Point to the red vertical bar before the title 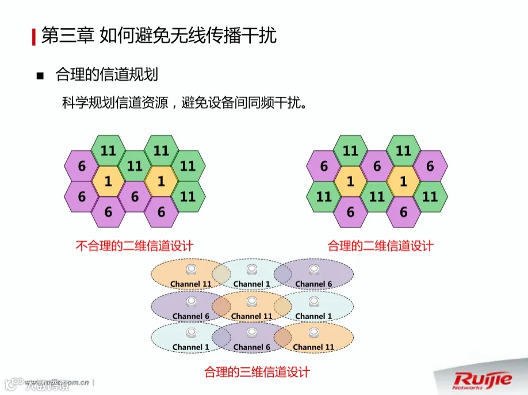[33, 36]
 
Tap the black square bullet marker [40, 76]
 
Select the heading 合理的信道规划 [106, 75]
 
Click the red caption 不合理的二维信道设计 [135, 246]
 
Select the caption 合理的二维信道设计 [380, 246]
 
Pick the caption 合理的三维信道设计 [257, 372]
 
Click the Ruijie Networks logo [482, 380]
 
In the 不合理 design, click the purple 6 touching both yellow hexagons [135, 196]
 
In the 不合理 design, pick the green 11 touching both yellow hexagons [135, 166]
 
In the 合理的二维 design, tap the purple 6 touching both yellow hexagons [377, 166]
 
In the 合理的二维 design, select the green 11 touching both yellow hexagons [377, 196]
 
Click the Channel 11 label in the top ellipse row [190, 284]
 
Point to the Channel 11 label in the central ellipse [252, 316]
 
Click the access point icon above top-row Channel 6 [313, 270]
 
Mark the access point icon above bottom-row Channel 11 [313, 333]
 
